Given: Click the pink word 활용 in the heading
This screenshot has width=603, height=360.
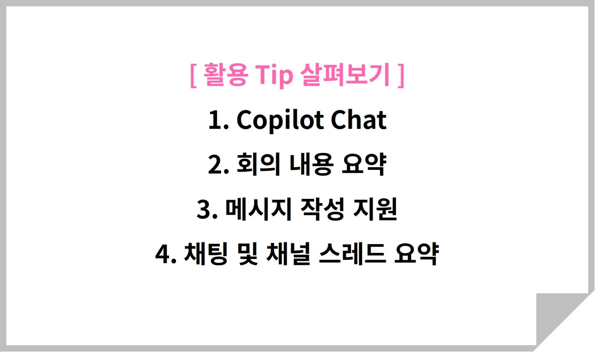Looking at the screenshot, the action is click(x=226, y=74).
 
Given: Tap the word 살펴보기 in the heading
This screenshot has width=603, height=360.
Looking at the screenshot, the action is click(x=345, y=74).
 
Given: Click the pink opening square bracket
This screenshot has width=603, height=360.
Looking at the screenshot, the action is click(x=193, y=75).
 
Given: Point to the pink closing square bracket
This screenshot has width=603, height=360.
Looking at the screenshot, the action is click(x=401, y=75).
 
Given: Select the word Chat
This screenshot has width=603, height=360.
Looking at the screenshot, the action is click(x=358, y=120).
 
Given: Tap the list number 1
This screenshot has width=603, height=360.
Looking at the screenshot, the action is click(x=218, y=120).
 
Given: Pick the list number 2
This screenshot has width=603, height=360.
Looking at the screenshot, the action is click(x=218, y=165).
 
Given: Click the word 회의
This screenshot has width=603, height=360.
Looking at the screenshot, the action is click(x=258, y=164).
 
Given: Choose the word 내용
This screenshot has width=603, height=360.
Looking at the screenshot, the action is click(x=311, y=164).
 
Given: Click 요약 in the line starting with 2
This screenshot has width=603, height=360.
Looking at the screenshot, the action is click(x=364, y=164).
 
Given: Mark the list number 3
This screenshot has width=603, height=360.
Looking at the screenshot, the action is click(x=207, y=210).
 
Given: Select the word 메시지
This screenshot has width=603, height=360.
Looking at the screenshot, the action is click(x=258, y=209).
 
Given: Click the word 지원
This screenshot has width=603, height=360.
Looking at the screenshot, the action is click(x=375, y=209).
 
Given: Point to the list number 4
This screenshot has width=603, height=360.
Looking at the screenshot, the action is click(x=166, y=255).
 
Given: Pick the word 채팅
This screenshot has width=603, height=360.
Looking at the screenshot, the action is click(x=206, y=254).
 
